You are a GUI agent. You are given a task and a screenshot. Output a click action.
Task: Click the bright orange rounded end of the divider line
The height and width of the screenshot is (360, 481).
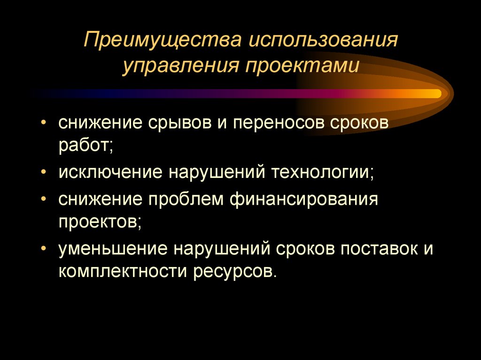[x=437, y=93]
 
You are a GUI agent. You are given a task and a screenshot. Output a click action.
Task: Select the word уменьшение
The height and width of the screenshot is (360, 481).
[x=113, y=248]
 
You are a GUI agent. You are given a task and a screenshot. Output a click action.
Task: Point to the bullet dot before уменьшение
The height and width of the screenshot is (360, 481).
[x=44, y=248]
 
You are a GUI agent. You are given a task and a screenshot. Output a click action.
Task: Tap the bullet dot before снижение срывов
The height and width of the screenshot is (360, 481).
[x=44, y=123]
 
